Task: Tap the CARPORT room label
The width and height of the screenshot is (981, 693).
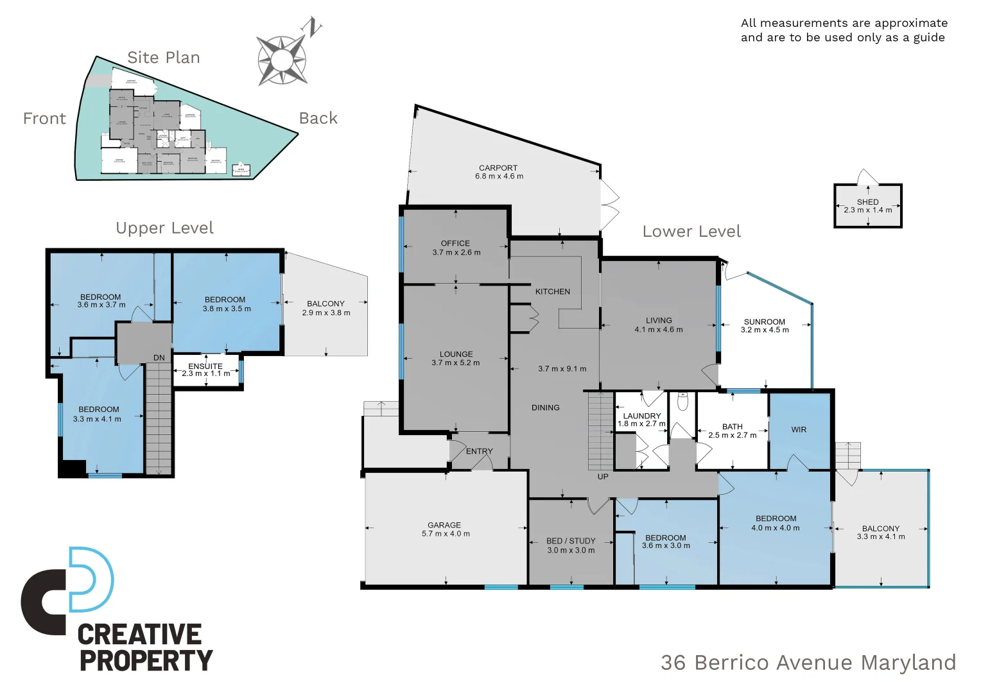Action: (x=498, y=168)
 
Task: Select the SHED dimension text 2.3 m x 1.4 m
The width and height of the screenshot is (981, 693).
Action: (x=867, y=210)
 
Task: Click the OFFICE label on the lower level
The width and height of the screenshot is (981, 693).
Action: (x=455, y=243)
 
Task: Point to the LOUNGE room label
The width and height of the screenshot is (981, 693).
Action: (x=456, y=354)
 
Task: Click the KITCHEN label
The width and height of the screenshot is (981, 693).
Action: (x=552, y=291)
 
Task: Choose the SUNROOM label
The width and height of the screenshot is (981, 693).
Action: (x=764, y=322)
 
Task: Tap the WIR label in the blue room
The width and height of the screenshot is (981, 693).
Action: (x=799, y=430)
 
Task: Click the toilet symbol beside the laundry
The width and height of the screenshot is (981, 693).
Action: (x=682, y=402)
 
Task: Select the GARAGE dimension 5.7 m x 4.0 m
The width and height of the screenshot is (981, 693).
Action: (x=446, y=534)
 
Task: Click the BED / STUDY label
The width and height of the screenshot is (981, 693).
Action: (x=571, y=541)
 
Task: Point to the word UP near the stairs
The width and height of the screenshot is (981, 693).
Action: (x=603, y=477)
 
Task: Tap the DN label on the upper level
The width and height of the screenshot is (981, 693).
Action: (x=159, y=358)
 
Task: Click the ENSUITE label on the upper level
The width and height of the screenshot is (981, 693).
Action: (x=205, y=366)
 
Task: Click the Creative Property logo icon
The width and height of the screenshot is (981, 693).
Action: (x=67, y=590)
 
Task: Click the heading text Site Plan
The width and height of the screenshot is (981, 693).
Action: (x=164, y=58)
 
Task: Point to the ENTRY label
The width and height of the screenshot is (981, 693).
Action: (x=479, y=452)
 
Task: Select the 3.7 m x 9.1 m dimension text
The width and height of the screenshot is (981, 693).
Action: (x=562, y=369)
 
